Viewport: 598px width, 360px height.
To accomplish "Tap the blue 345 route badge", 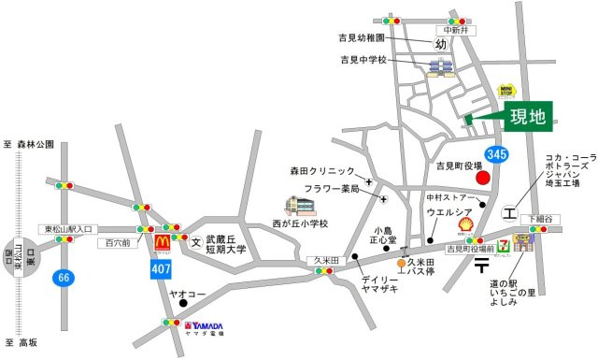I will [x=496, y=152].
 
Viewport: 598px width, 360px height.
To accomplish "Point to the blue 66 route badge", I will [x=63, y=277].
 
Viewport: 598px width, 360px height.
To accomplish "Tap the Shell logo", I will [x=464, y=224].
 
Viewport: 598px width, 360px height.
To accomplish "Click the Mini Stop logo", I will [x=506, y=91].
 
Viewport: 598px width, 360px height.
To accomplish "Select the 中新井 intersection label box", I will [x=457, y=30].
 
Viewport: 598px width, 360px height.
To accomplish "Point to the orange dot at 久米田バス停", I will [x=401, y=264].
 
